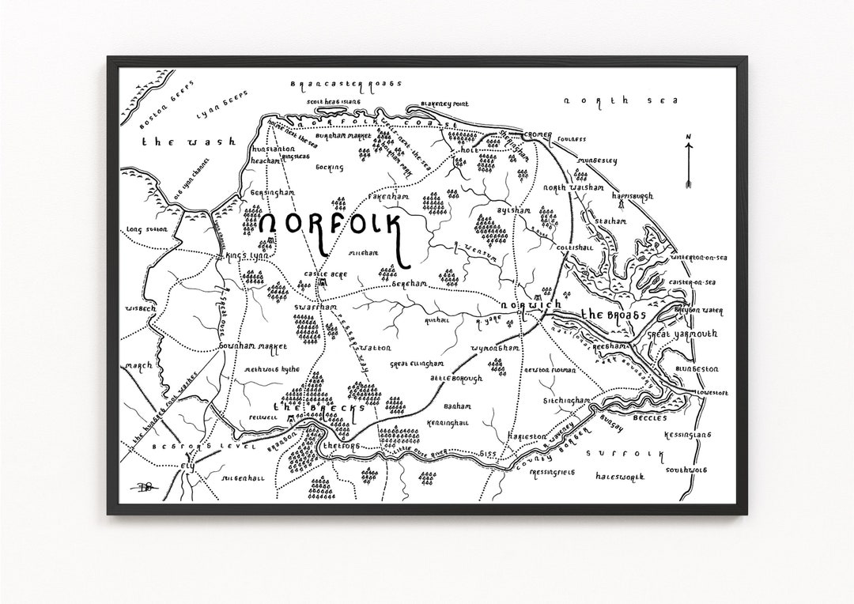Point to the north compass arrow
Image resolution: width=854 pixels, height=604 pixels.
pos(688,161)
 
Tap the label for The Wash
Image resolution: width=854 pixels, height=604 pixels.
pos(188,142)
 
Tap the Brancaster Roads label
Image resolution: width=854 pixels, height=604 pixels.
pos(346,83)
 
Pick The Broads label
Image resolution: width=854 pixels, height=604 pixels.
pos(614,315)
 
